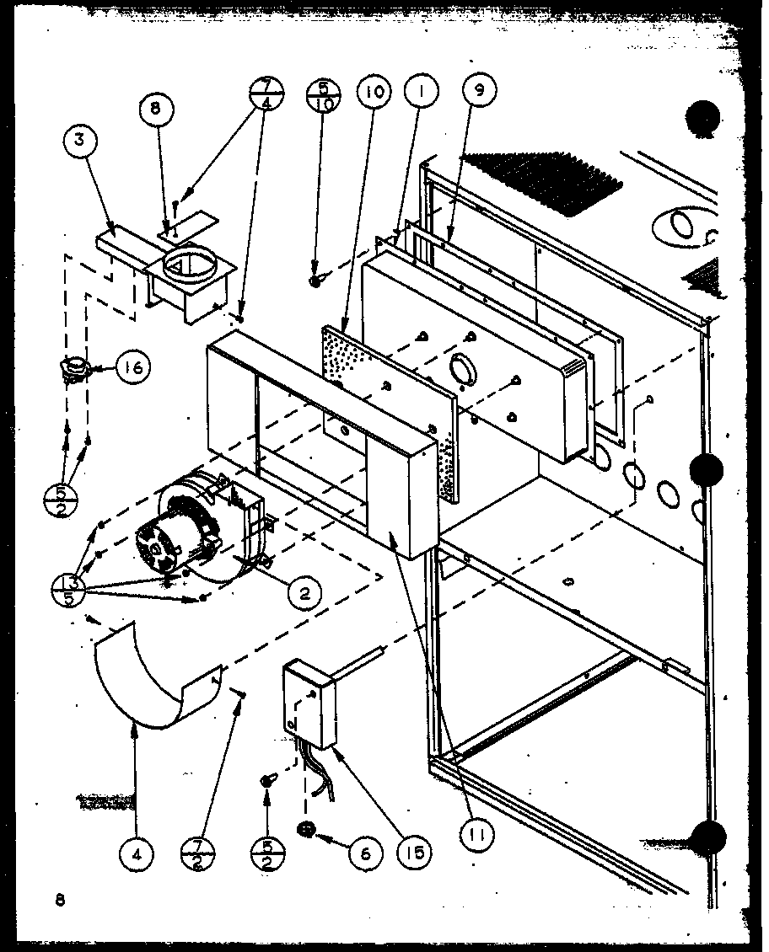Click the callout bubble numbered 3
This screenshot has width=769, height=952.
[x=78, y=141]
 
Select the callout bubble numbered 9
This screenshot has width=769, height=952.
[x=480, y=90]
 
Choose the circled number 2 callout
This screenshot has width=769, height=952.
[x=304, y=592]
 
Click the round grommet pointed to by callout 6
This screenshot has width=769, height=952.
[x=305, y=830]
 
